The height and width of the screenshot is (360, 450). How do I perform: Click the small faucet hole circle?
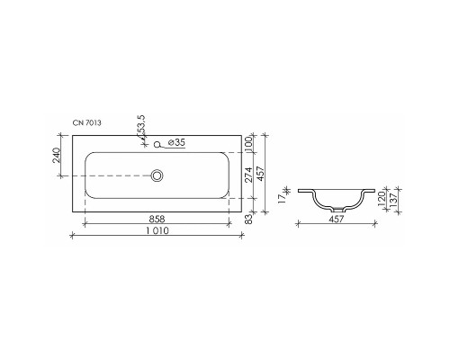157,143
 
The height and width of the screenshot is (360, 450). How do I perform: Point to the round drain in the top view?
157,175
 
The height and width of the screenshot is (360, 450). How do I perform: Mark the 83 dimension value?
247,219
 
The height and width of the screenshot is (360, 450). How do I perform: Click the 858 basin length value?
157,219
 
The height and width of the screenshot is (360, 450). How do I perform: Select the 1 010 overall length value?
157,232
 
